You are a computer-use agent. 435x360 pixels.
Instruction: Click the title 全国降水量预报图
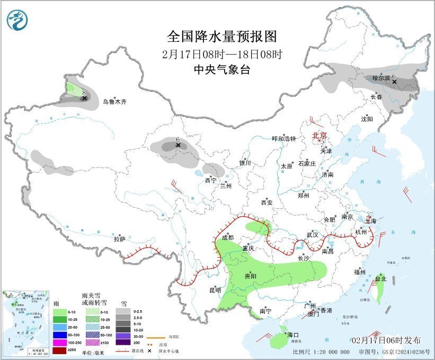pyautogui.click(x=222, y=37)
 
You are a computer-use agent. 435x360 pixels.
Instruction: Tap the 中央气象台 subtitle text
pyautogui.click(x=222, y=69)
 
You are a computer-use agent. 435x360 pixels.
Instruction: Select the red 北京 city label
pyautogui.click(x=320, y=135)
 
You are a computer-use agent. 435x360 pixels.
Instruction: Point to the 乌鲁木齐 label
pyautogui.click(x=115, y=102)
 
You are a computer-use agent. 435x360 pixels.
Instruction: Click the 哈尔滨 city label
pyautogui.click(x=380, y=78)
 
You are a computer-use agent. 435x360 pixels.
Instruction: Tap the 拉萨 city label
pyautogui.click(x=119, y=239)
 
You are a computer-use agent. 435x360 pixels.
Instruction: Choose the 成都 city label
pyautogui.click(x=228, y=238)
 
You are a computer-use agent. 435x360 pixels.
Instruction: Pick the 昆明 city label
pyautogui.click(x=215, y=289)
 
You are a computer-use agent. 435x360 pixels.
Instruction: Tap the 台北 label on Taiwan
pyautogui.click(x=381, y=278)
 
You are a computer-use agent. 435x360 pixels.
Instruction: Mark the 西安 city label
pyautogui.click(x=267, y=203)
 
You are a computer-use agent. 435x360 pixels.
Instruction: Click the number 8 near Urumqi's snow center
pyautogui.click(x=84, y=92)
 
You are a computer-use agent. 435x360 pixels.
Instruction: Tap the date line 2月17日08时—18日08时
pyautogui.click(x=222, y=54)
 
